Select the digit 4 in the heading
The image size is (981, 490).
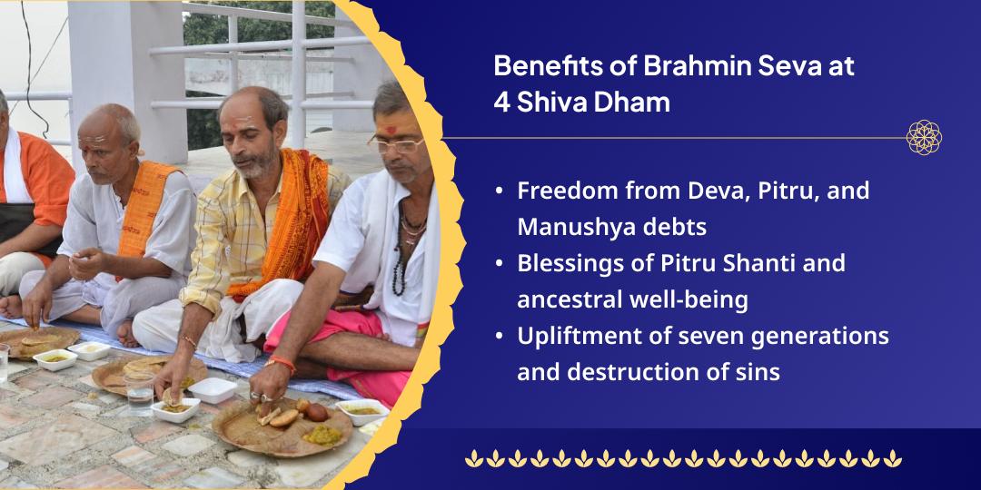(x=501, y=102)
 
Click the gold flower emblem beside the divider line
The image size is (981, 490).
(x=924, y=138)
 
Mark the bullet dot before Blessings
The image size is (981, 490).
(x=500, y=263)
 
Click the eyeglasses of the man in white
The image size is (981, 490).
(x=396, y=143)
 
